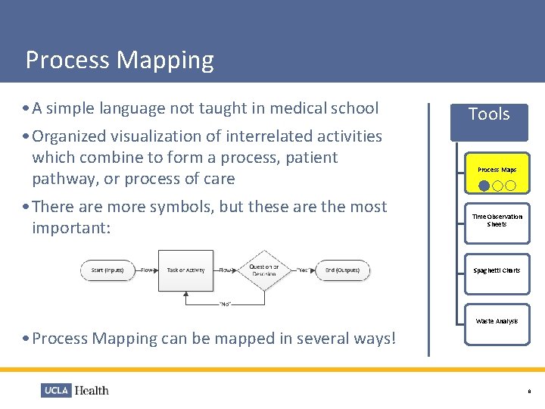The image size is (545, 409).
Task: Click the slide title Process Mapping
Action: pos(120,60)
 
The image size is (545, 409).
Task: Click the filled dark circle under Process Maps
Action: pos(484,186)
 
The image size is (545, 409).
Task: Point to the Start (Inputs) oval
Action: pos(108,270)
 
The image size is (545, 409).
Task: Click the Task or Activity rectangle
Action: pos(185,270)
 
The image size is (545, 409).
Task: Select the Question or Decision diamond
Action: pos(264,270)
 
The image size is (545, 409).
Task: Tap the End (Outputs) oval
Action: pos(343,270)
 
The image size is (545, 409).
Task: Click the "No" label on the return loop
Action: pos(225,304)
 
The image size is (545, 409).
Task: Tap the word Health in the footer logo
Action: pos(92,391)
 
